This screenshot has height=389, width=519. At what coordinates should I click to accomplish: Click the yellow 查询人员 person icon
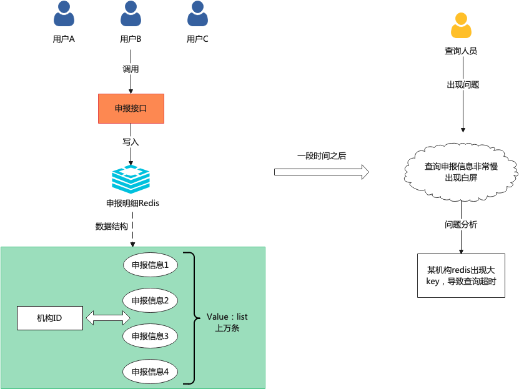pyautogui.click(x=461, y=26)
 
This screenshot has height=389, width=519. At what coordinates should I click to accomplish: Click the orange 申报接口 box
pyautogui.click(x=131, y=109)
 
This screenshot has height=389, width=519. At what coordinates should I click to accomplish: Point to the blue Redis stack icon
pyautogui.click(x=131, y=179)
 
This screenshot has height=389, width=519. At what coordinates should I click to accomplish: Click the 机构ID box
pyautogui.click(x=50, y=319)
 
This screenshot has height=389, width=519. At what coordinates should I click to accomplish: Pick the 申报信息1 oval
pyautogui.click(x=151, y=265)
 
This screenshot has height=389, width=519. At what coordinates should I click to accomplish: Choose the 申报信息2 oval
pyautogui.click(x=151, y=300)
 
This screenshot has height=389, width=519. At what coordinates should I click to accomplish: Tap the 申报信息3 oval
pyautogui.click(x=151, y=336)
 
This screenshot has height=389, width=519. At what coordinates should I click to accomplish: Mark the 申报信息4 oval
pyautogui.click(x=151, y=372)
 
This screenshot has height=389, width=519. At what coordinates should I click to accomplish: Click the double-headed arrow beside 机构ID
pyautogui.click(x=107, y=318)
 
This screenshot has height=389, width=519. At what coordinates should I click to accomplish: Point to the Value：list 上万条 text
pyautogui.click(x=227, y=322)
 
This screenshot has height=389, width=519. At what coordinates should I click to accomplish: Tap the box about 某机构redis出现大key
pyautogui.click(x=461, y=275)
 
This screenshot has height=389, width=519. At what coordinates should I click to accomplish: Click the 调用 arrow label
pyautogui.click(x=131, y=69)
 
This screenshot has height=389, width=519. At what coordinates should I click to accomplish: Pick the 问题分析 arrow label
pyautogui.click(x=461, y=225)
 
